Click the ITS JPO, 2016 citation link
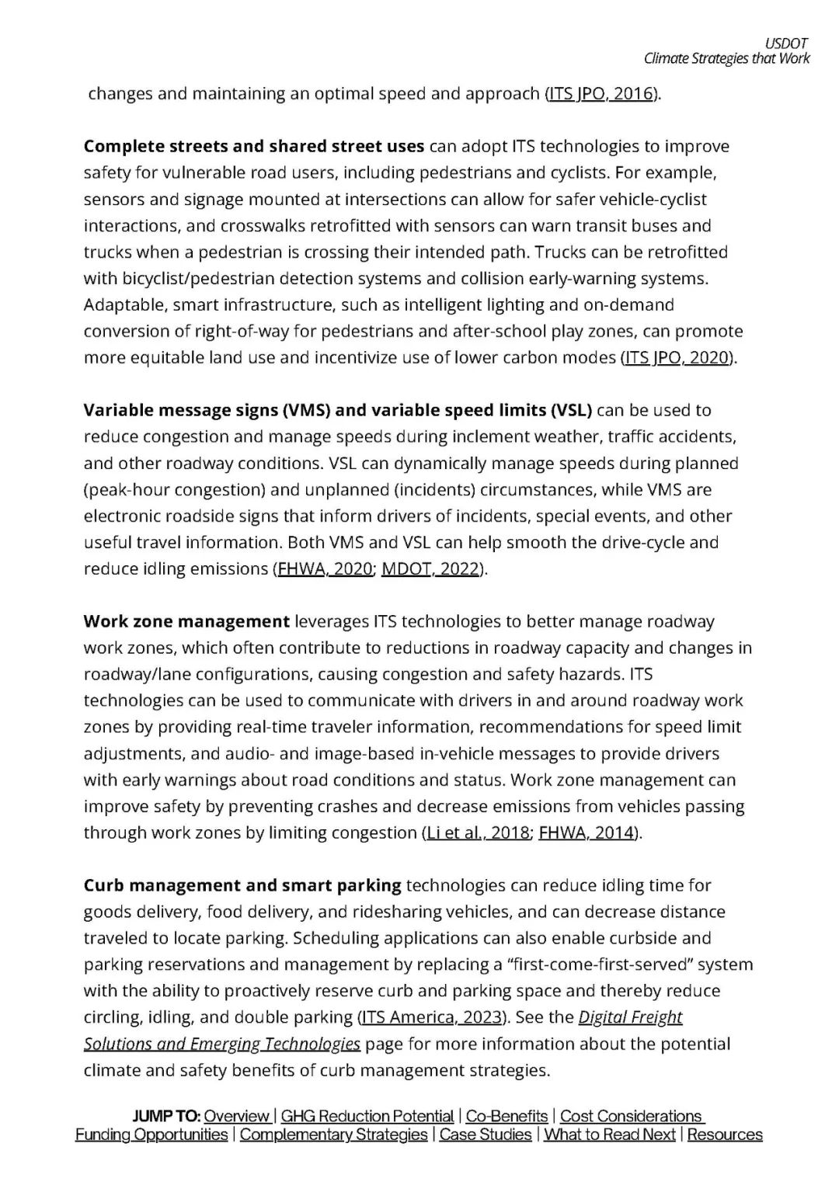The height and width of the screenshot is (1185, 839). click(601, 94)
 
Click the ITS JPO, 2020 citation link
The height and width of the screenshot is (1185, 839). click(676, 358)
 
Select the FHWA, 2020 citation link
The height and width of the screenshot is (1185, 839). click(325, 569)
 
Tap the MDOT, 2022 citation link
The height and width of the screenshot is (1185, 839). click(430, 569)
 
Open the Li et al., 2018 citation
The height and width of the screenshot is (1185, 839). click(477, 833)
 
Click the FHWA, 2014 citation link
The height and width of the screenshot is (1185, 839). click(587, 833)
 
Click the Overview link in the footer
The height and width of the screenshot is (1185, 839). click(237, 1117)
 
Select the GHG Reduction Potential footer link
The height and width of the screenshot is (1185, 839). click(367, 1117)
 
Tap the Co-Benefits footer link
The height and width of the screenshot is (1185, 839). click(507, 1117)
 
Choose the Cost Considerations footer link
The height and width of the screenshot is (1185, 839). click(631, 1117)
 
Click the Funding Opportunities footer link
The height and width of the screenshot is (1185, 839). click(151, 1135)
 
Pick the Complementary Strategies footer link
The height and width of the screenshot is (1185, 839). click(333, 1135)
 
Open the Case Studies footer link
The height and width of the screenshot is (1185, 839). click(486, 1135)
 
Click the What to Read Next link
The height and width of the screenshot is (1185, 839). click(610, 1135)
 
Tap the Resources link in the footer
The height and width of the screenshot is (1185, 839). click(725, 1135)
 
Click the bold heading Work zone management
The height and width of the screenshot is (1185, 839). click(186, 622)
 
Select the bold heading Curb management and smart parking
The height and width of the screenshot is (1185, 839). click(242, 886)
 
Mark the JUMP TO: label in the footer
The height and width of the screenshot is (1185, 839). click(166, 1117)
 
